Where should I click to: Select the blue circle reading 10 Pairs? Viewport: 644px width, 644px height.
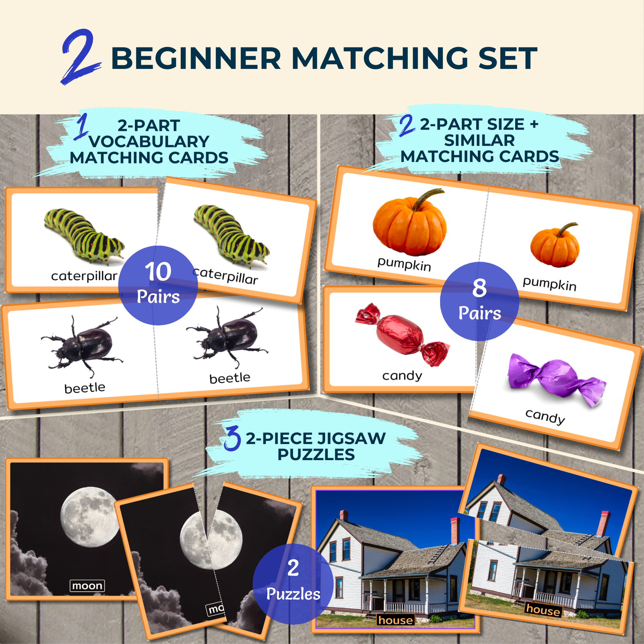click(158, 285)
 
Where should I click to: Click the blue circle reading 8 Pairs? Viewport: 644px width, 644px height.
click(479, 301)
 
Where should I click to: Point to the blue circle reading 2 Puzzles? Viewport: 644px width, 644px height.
click(293, 584)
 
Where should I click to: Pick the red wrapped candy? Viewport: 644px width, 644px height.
click(402, 334)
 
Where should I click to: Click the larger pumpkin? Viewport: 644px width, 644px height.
click(409, 223)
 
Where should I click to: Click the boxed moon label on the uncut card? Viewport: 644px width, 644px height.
click(87, 586)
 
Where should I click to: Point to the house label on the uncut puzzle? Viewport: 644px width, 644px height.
click(395, 620)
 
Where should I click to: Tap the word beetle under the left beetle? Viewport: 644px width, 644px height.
click(85, 388)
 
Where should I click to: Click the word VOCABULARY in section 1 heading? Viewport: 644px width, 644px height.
click(149, 142)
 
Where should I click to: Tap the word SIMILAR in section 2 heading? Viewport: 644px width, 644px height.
click(479, 140)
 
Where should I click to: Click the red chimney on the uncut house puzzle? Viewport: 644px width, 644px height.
click(455, 530)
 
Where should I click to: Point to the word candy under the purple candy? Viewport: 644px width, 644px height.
click(545, 416)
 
